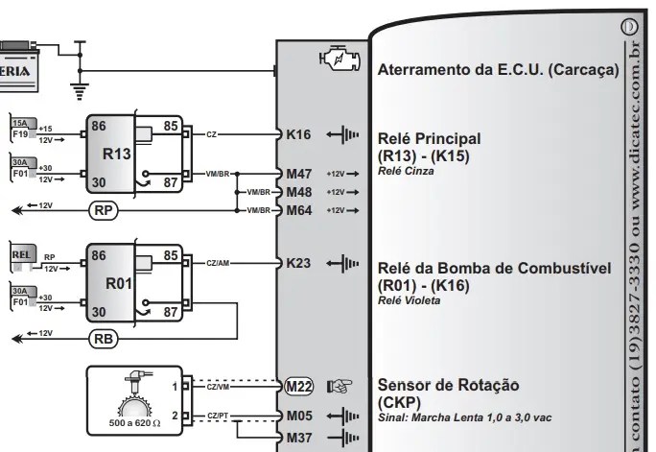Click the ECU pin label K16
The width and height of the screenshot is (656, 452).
pos(298,134)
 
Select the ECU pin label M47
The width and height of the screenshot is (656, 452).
pos(299,174)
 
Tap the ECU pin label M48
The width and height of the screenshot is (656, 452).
pos(299,192)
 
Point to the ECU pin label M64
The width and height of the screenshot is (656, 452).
pos(299,210)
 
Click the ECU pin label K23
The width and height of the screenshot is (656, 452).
pos(298,262)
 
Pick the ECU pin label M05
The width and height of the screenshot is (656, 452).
pos(299,417)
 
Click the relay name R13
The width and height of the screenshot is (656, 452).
pos(116,153)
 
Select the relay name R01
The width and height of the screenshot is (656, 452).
pos(116,283)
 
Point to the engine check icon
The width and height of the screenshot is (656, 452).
pos(339,60)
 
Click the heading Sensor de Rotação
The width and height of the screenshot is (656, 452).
pos(448,385)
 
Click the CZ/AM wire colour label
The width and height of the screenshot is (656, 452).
pos(217,262)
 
